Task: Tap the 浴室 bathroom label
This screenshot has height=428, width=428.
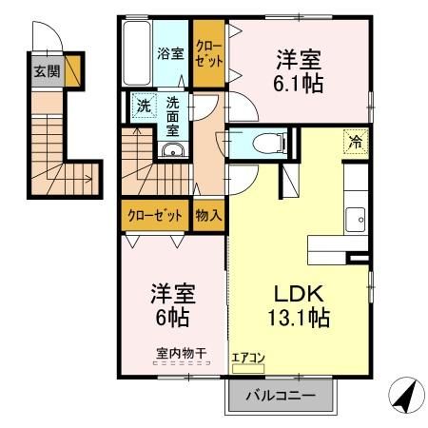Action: point(170,53)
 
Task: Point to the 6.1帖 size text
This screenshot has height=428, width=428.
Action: point(299,84)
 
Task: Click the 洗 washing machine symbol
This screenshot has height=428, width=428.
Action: point(143,104)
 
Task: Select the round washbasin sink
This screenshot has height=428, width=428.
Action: point(171,151)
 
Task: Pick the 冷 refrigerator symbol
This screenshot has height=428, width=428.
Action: point(355,142)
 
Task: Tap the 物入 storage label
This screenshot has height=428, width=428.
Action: point(208,215)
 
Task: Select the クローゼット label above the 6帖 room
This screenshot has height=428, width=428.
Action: point(155,215)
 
